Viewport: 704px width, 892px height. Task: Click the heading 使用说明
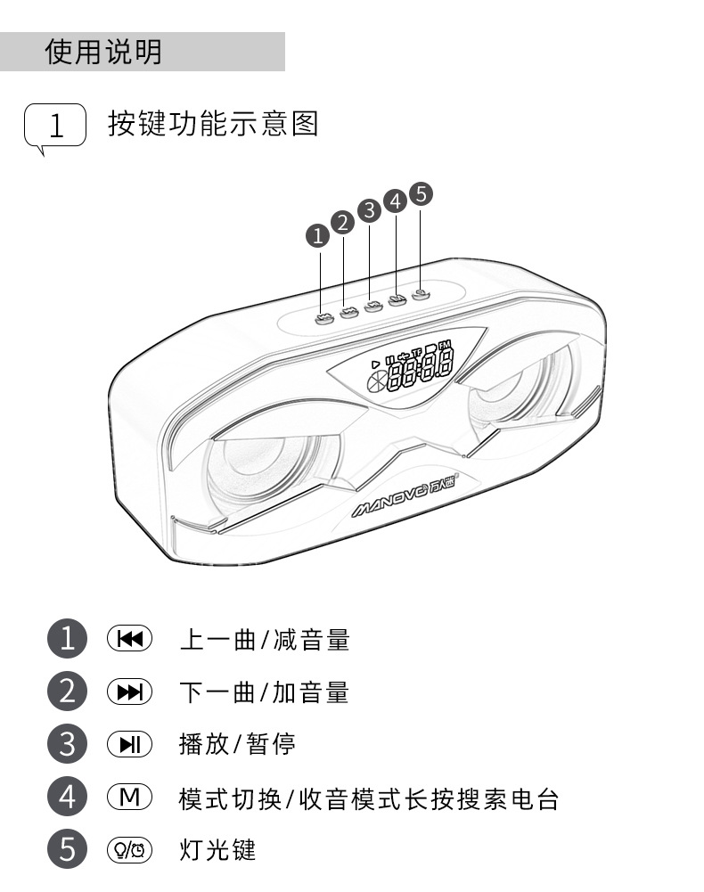(x=103, y=52)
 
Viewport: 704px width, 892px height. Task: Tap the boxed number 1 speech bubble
(x=55, y=126)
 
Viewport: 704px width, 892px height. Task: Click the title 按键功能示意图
(x=213, y=123)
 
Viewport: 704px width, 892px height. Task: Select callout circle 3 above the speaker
(x=369, y=211)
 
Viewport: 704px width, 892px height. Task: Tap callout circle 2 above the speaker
(x=343, y=223)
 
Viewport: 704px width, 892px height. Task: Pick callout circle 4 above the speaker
(x=395, y=201)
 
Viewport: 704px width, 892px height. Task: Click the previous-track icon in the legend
(x=130, y=639)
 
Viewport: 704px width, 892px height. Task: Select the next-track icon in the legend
(x=130, y=692)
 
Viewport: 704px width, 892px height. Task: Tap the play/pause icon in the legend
(x=130, y=744)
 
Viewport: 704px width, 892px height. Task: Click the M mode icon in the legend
(x=130, y=797)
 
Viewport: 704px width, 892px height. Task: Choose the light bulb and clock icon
(x=130, y=849)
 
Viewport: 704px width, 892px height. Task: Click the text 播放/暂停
(x=237, y=744)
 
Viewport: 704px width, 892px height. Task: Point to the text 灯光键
(x=217, y=849)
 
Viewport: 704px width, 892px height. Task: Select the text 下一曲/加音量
(x=264, y=692)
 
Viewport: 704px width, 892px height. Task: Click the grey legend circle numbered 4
(x=68, y=797)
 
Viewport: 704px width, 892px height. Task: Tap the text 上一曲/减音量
(x=264, y=639)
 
